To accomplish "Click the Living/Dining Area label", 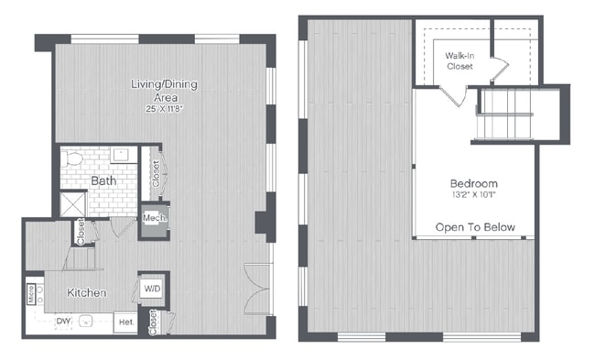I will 164,91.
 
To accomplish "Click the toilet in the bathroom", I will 78,159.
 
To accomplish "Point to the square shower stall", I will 73,203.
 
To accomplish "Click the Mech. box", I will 154,221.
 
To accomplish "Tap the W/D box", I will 152,288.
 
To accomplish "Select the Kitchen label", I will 88,293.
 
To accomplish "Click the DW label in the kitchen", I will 63,321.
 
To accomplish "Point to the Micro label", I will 30,293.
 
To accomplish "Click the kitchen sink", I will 88,322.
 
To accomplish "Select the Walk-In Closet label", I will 460,61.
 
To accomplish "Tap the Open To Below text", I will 475,227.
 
